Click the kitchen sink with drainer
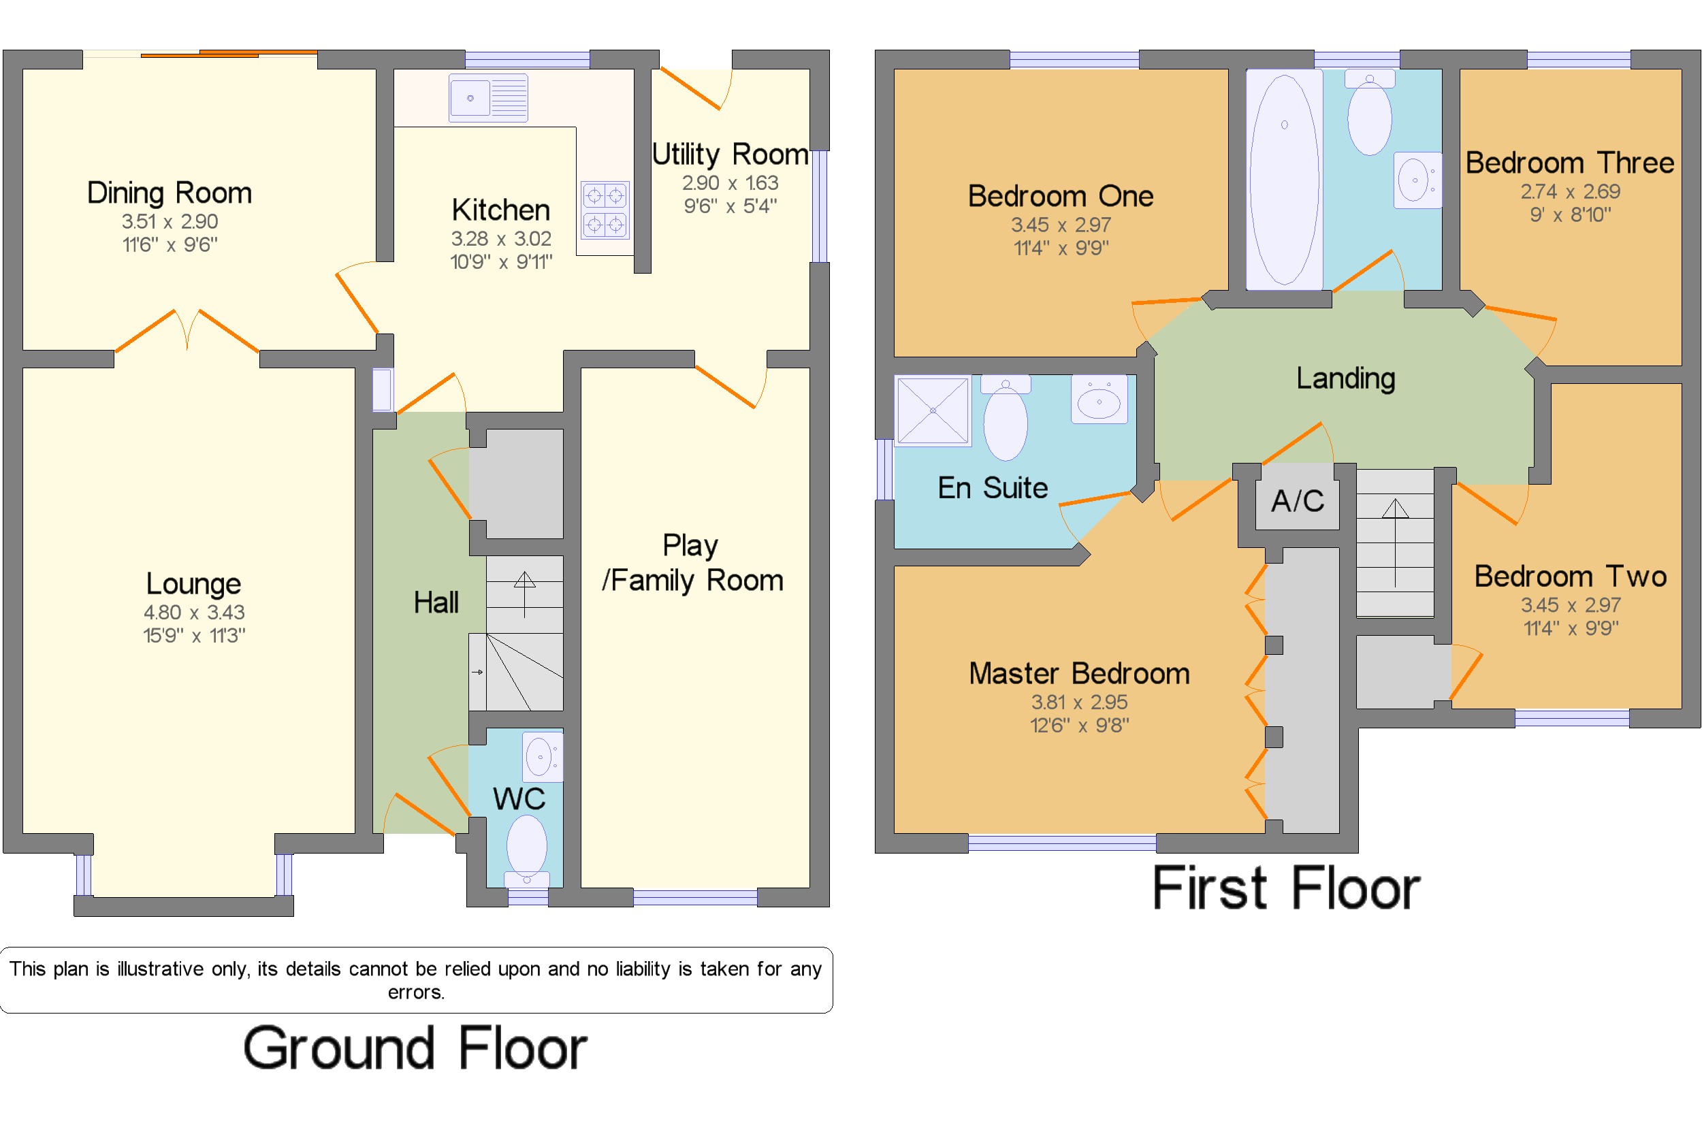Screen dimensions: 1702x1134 pos(487,97)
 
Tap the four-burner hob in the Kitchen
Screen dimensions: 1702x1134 pos(605,210)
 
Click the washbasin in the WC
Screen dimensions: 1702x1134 pos(542,756)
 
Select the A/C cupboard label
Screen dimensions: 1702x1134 pos(1298,500)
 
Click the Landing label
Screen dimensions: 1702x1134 pos(1345,378)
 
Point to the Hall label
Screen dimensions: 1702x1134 pos(436,602)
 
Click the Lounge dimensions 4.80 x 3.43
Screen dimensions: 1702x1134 pos(194,612)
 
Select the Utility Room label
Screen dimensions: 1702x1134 pos(730,154)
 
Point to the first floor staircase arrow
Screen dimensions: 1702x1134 pos(1394,542)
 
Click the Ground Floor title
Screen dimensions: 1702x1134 pos(415,1048)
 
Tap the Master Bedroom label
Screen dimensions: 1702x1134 pos(1079,673)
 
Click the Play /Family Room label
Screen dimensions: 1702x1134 pos(692,563)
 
